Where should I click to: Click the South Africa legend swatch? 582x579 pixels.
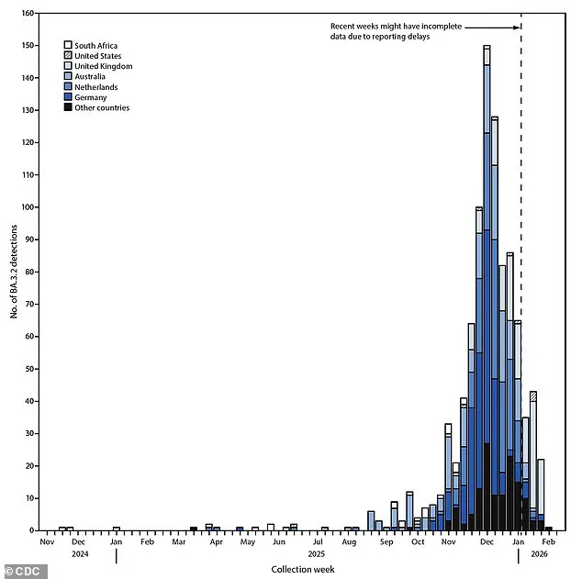pos(68,45)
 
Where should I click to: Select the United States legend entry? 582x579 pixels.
pos(68,55)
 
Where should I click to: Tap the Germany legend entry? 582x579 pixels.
pos(68,97)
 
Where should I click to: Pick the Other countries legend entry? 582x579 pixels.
pos(68,107)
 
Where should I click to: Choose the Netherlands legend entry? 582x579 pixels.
pos(68,87)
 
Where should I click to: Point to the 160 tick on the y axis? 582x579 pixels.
pos(30,14)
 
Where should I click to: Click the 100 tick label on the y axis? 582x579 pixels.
pos(30,207)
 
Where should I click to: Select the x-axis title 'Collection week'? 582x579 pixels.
pos(302,569)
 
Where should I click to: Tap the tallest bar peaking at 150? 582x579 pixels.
pos(487,275)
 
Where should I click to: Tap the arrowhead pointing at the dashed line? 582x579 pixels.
pos(518,28)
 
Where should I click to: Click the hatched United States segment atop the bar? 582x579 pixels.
pos(533,395)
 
